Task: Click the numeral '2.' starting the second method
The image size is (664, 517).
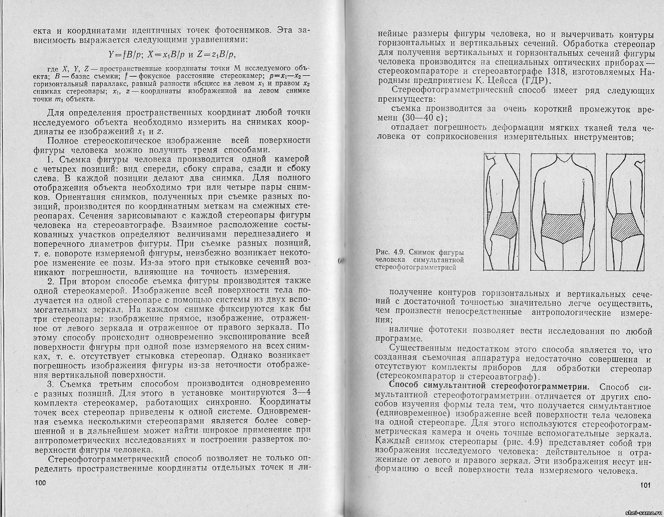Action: (x=51, y=281)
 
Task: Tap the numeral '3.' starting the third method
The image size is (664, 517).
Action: (x=51, y=384)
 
